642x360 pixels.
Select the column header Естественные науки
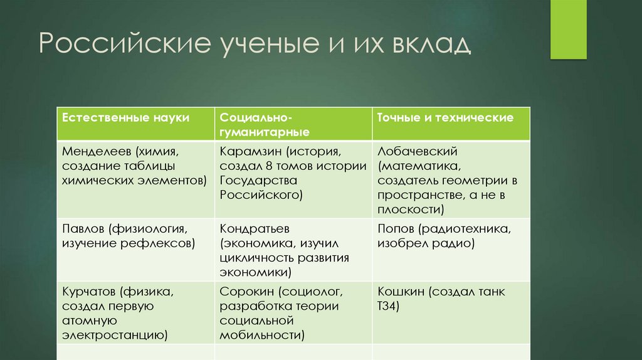(x=125, y=118)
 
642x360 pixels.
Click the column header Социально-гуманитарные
(x=255, y=125)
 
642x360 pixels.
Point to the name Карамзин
(x=249, y=152)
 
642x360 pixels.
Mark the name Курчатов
(x=90, y=292)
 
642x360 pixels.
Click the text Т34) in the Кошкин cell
(x=388, y=307)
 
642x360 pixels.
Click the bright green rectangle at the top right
(x=568, y=29)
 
